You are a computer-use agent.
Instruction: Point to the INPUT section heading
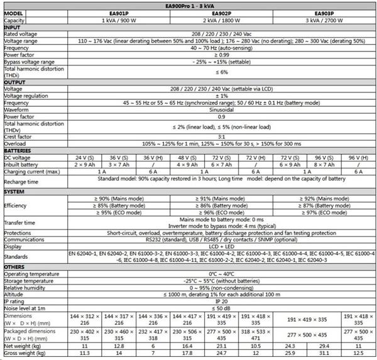[12, 27]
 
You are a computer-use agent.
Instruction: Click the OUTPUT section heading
[14, 82]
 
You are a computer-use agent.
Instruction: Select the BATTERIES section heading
[18, 151]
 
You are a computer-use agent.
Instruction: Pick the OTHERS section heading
[15, 267]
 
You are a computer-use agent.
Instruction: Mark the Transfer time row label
[19, 223]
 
